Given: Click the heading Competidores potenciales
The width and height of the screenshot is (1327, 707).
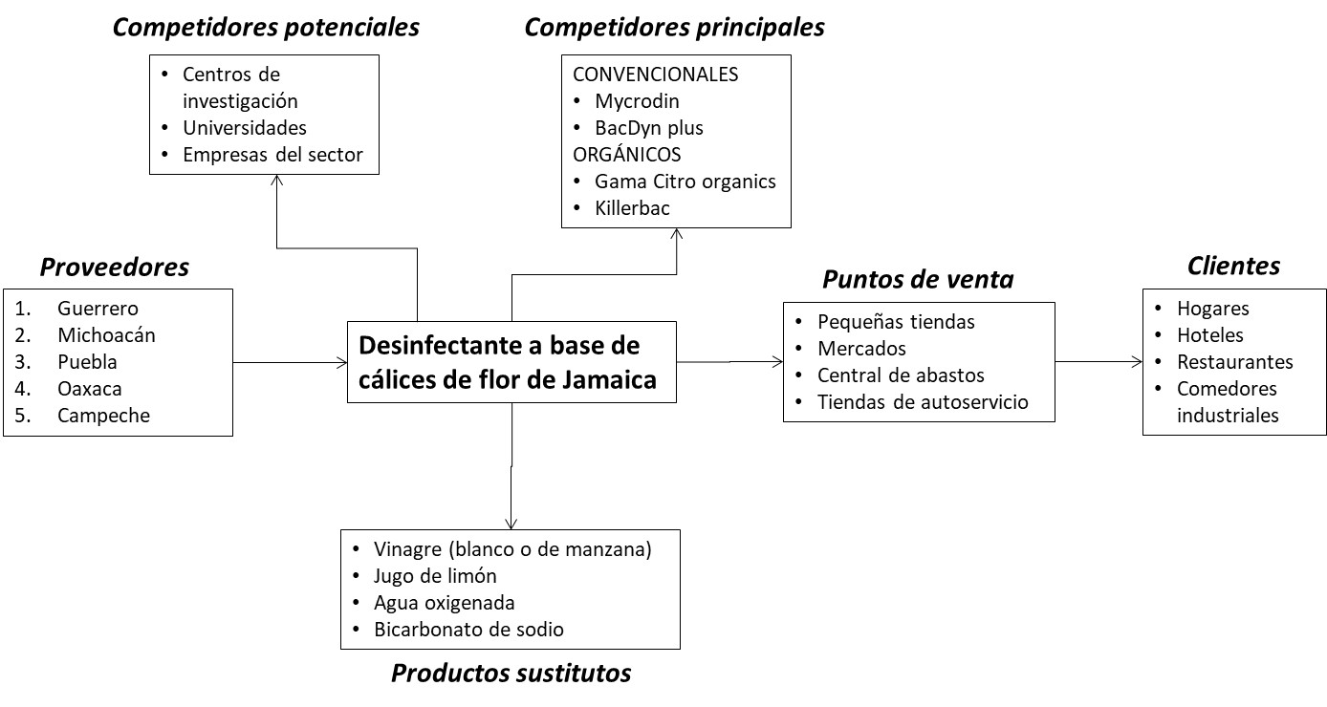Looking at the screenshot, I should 266,27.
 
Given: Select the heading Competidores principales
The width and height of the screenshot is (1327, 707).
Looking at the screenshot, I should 674,27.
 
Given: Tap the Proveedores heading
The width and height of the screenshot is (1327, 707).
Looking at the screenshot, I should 115,268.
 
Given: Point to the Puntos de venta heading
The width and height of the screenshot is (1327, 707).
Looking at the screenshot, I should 918,280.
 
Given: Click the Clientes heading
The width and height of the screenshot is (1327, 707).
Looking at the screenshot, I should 1233,267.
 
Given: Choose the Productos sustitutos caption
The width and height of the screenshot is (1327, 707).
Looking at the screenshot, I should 511,673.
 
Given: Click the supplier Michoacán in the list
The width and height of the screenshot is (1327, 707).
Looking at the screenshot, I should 106,335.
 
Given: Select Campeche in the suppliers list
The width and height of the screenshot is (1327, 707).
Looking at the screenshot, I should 103,416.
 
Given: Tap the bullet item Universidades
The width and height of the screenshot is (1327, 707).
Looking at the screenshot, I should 245,127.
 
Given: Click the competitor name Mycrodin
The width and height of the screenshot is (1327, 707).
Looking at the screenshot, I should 637,100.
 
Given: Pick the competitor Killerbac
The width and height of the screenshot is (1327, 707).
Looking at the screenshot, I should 632,207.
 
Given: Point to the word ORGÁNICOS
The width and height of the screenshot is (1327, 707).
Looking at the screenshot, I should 626,154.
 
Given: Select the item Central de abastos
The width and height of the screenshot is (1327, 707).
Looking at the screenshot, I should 901,375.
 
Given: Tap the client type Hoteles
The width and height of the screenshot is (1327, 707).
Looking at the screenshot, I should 1209,335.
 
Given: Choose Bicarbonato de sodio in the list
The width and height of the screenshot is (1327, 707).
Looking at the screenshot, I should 469,630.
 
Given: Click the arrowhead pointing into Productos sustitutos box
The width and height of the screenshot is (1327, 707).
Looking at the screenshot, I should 511,523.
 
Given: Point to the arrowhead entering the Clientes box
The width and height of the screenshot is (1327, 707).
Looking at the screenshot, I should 1137,362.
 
